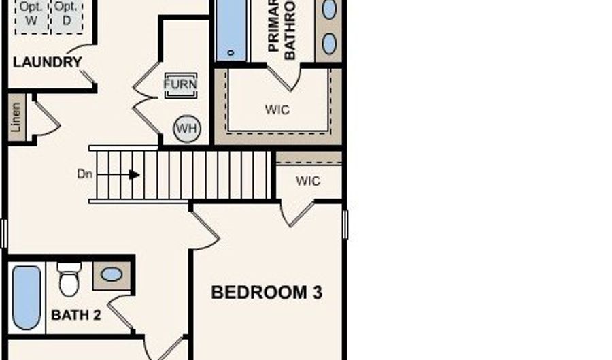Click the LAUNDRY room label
point(48,62)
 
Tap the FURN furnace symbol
point(180,84)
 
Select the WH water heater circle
point(186,129)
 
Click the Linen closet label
point(16,118)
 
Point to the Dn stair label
point(84,174)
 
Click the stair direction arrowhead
point(135,175)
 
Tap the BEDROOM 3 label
point(266,293)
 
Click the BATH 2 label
point(76,315)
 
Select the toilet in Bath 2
point(69,279)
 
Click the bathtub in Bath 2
point(27,297)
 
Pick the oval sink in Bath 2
point(112,274)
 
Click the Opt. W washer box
point(31,14)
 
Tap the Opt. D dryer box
point(65,14)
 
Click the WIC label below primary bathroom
point(277,109)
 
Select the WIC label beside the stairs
point(308,182)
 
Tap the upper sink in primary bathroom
point(329,10)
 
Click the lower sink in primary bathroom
point(329,44)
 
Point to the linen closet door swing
point(46,120)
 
